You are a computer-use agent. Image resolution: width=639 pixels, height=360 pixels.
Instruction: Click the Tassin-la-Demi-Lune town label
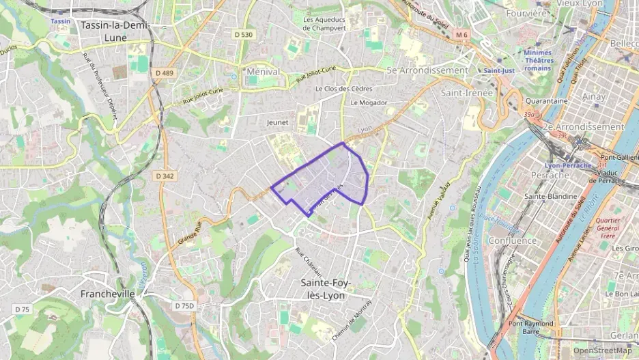(115, 31)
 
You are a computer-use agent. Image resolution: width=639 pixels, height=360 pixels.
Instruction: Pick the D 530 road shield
(242, 34)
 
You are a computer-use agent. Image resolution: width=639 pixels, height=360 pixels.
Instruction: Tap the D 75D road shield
(183, 306)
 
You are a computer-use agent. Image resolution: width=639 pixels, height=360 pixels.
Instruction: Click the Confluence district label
(513, 241)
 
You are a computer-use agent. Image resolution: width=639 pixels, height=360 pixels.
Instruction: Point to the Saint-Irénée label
(464, 92)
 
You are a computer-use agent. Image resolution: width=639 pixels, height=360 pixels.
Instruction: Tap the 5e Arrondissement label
(427, 70)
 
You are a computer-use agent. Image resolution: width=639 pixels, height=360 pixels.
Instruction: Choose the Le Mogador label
(369, 103)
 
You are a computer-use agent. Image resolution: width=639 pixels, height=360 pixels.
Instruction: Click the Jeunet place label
(277, 122)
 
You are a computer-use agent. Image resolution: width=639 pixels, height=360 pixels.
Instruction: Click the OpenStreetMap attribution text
(602, 350)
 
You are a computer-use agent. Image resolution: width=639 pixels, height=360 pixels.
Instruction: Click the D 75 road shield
(23, 309)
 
